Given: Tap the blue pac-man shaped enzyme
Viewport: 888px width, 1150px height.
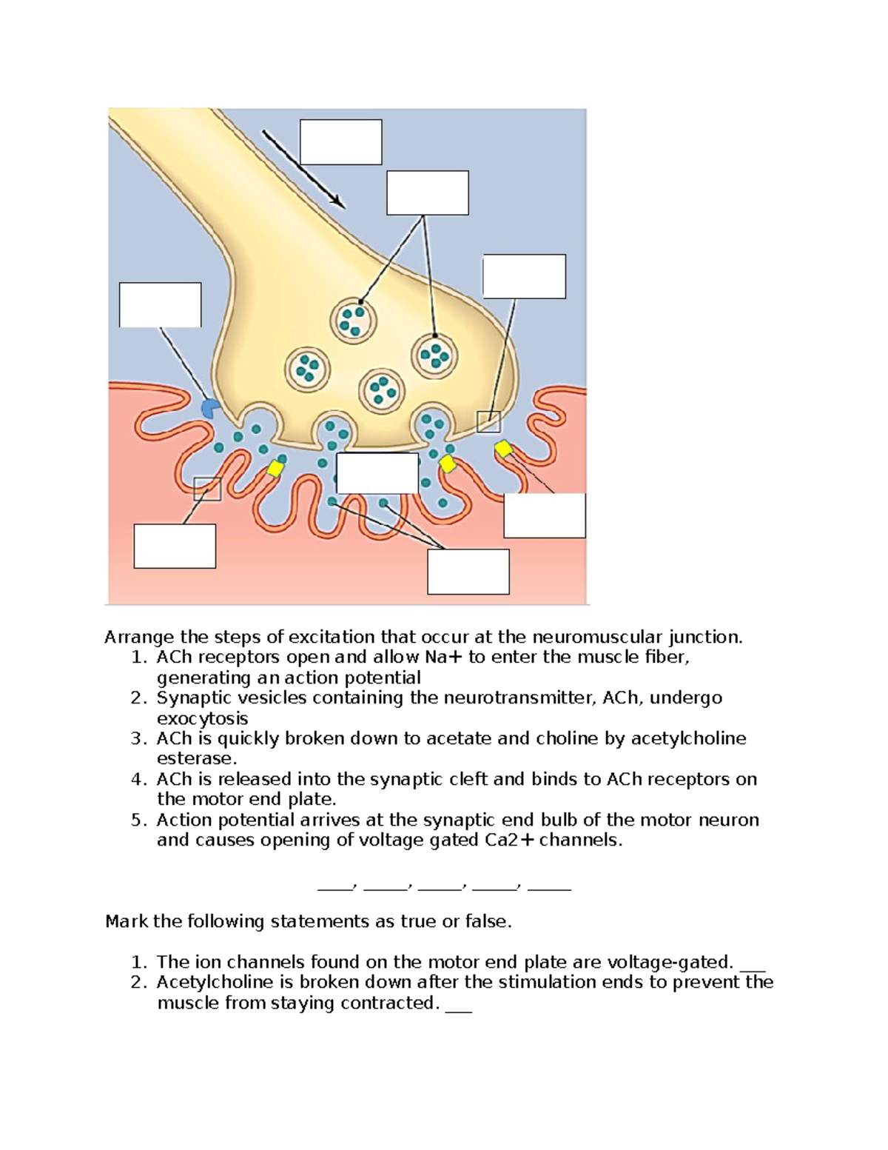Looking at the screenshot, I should point(210,408).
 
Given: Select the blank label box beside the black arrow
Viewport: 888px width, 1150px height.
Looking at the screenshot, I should point(340,142).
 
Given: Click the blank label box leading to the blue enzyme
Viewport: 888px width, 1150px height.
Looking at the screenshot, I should point(160,304).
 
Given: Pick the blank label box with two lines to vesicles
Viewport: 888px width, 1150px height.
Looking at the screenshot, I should point(428,193).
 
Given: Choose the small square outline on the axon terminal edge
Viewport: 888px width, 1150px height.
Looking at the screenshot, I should point(488,421).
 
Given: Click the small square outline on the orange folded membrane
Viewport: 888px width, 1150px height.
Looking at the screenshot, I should point(207,489).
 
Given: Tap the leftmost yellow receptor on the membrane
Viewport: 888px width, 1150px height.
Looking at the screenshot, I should point(275,468).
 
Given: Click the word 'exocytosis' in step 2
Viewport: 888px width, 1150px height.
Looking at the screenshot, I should point(202,718).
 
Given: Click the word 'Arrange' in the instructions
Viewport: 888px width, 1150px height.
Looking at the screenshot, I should point(139,637).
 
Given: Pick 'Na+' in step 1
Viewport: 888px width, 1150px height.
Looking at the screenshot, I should point(443,657).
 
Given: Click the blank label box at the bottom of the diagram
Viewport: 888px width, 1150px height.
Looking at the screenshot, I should point(468,572).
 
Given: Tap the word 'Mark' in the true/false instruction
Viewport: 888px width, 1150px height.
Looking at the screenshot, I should point(127,921).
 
